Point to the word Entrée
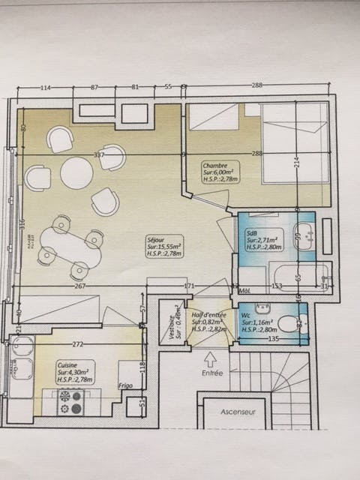[x=211, y=372]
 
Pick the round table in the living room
[x=76, y=173]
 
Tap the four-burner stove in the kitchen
[x=71, y=403]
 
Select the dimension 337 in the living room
[x=98, y=155]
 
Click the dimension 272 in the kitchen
[x=76, y=344]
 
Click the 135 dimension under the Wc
[x=273, y=338]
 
